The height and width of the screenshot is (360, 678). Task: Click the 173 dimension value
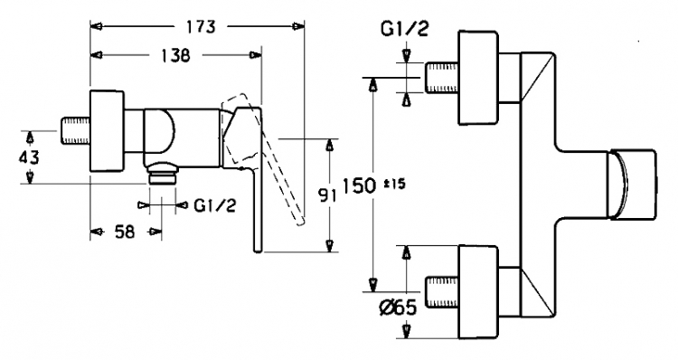[201, 27]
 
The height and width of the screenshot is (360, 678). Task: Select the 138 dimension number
[174, 55]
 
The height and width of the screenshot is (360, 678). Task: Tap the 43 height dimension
[28, 157]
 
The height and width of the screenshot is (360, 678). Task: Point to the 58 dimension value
[125, 232]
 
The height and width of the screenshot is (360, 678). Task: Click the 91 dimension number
[327, 196]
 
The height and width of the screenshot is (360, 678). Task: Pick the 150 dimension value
[359, 186]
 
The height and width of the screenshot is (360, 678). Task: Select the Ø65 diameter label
[398, 308]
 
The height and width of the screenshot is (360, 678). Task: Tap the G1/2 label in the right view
[404, 29]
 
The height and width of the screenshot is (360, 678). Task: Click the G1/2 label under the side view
[215, 205]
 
